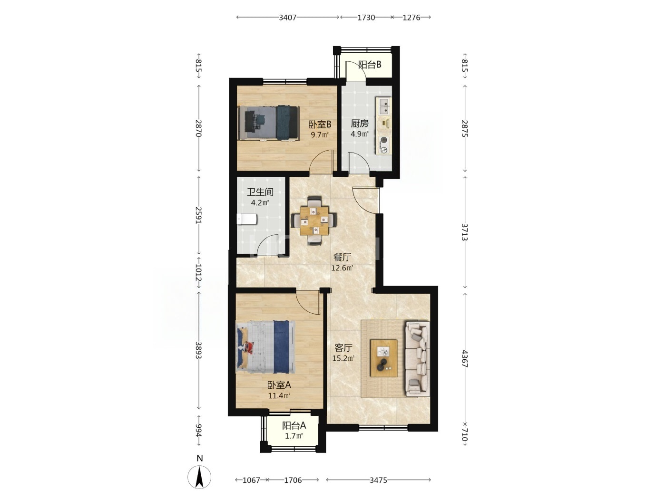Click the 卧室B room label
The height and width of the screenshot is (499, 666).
320,124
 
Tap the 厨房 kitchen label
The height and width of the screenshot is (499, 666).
360,123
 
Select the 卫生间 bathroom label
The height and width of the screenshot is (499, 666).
260,192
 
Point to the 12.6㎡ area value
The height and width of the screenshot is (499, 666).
342,268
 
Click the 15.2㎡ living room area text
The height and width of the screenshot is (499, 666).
343,358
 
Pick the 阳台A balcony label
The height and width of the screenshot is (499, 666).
294,426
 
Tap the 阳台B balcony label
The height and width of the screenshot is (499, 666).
370,65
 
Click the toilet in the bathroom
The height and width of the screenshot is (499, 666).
247,219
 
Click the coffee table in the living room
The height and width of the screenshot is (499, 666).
384,358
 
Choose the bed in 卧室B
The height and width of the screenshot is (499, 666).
269,123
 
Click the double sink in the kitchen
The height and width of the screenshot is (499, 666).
384,106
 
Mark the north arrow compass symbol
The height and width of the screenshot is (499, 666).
199,477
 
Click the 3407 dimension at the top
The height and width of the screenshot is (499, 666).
287,18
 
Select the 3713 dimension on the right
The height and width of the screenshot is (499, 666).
464,232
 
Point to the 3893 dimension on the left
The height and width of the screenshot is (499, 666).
198,350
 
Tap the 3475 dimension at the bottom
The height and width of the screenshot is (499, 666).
378,480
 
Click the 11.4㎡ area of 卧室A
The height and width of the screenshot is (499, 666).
279,396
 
